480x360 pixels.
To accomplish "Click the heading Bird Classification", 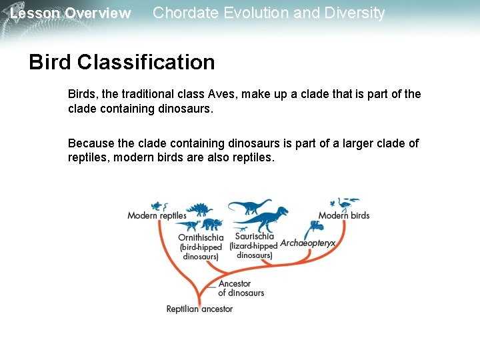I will click(x=122, y=63).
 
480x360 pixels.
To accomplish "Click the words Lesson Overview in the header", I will click(x=71, y=13).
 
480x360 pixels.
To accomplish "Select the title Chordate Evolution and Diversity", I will click(x=269, y=13).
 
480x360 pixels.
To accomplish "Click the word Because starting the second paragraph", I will click(x=91, y=144).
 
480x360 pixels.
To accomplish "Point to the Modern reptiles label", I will click(x=157, y=215).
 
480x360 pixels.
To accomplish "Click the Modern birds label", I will click(x=343, y=215).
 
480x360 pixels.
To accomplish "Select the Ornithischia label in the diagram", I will click(x=201, y=237).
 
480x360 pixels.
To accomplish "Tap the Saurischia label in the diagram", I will click(x=254, y=236).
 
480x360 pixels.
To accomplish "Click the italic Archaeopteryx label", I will click(x=307, y=243).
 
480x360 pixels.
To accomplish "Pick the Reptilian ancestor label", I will click(x=199, y=309).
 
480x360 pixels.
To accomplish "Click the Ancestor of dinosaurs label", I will click(x=241, y=288).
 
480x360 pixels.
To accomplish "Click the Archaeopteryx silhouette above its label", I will click(x=315, y=228).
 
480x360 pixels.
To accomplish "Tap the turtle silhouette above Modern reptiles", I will click(x=157, y=205).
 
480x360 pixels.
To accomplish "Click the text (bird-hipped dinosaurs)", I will click(x=201, y=252).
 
